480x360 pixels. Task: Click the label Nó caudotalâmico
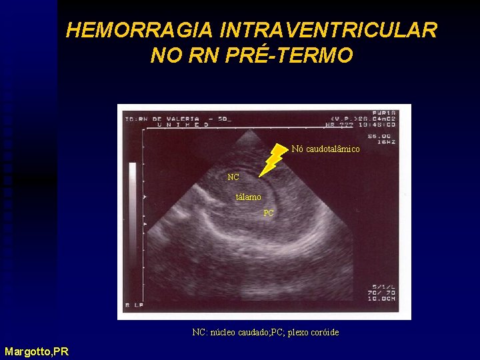coord(325,149)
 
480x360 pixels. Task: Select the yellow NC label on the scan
coord(233,177)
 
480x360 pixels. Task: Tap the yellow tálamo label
coord(249,197)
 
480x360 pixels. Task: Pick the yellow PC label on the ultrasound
coord(268,213)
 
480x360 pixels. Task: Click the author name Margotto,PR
coord(36,351)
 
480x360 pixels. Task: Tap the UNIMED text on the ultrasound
coord(180,125)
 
